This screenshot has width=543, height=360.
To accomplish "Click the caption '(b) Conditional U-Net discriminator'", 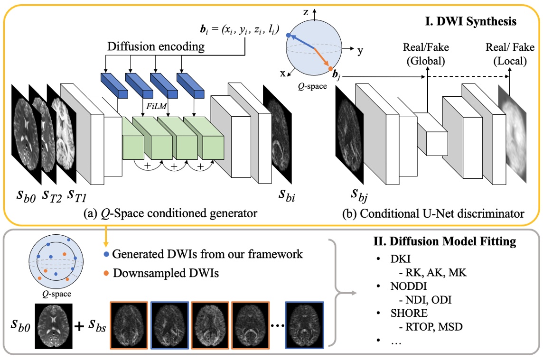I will [433, 213].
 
